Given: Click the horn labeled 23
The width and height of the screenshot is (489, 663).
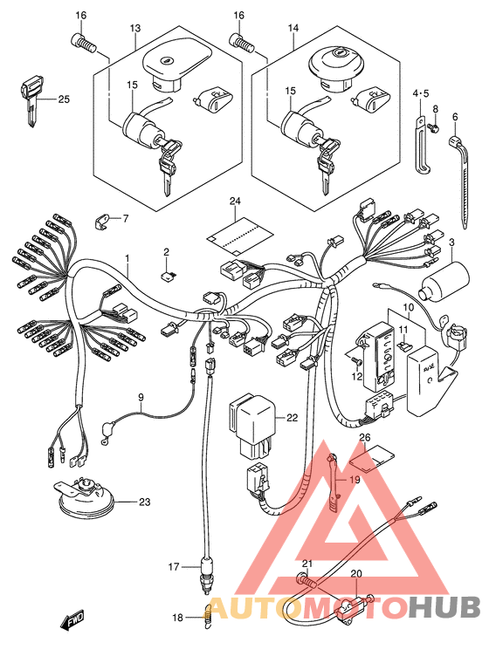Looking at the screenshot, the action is click(86, 501).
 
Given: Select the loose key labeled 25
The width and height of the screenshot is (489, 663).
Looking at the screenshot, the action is click(31, 99).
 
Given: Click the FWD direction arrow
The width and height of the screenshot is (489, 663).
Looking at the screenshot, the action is click(72, 621).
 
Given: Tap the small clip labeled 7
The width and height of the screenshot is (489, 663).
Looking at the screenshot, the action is click(101, 221).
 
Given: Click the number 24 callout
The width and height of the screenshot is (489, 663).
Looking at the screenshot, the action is click(235, 201).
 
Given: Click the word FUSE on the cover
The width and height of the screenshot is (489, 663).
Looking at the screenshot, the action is click(428, 368).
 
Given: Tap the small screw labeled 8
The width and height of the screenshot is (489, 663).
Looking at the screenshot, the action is click(433, 126).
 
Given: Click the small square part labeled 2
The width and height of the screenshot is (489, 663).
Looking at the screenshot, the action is click(168, 276).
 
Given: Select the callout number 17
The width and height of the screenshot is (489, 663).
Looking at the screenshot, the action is click(174, 566).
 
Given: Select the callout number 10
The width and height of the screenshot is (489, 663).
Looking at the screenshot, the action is click(408, 307).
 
